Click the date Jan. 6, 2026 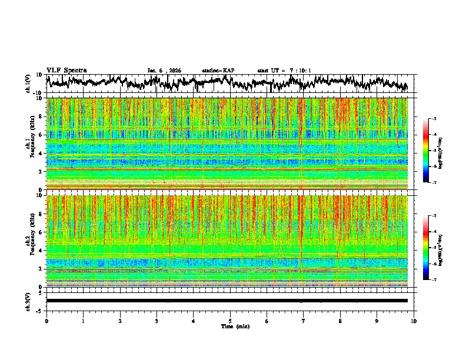click(164, 71)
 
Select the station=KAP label click(218, 71)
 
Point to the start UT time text click(284, 71)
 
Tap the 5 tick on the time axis click(230, 321)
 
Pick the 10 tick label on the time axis click(414, 321)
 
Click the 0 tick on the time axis click(46, 321)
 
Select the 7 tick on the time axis click(304, 321)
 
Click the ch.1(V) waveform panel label click(28, 84)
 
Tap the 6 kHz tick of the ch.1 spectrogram click(42, 135)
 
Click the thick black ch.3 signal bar click(227, 301)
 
